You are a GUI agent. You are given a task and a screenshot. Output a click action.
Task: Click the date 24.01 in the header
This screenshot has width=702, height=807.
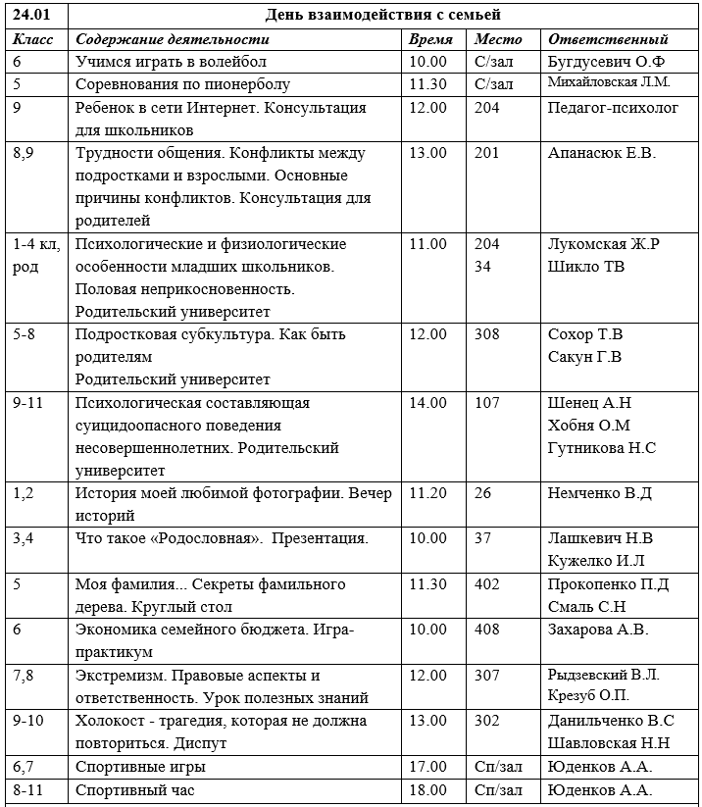click(32, 15)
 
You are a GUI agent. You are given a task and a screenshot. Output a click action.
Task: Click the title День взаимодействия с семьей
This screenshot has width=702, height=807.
click(383, 15)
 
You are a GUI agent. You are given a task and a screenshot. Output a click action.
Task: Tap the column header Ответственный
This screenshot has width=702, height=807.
click(608, 39)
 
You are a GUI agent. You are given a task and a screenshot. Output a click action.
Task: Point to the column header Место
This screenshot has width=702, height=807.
click(498, 39)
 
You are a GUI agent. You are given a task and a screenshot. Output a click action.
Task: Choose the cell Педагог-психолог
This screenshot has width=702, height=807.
click(613, 108)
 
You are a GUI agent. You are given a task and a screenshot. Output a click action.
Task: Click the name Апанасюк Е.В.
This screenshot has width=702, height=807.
click(602, 153)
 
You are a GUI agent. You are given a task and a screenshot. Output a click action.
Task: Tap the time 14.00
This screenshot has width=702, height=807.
click(428, 403)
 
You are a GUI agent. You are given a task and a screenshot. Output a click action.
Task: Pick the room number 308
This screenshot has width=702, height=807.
click(486, 335)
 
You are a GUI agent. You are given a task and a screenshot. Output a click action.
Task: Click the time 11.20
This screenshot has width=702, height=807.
click(428, 493)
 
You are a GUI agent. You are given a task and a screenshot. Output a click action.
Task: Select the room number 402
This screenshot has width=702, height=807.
click(486, 584)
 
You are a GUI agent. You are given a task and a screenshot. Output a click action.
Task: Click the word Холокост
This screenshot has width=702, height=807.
click(110, 721)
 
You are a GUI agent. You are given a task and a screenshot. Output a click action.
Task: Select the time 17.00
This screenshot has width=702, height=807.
click(428, 767)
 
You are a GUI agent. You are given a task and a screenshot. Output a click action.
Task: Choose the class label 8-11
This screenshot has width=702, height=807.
click(30, 789)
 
